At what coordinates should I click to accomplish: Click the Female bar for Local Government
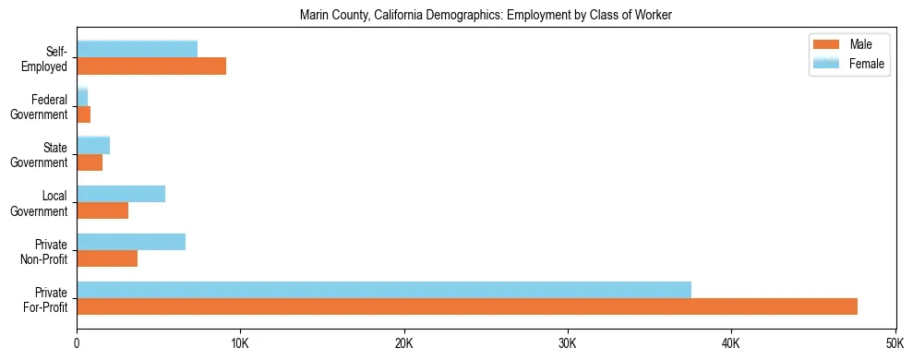[x=121, y=194]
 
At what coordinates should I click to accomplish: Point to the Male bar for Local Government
[x=102, y=210]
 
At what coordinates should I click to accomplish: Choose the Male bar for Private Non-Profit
[x=107, y=258]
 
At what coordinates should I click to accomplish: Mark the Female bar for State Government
[x=93, y=145]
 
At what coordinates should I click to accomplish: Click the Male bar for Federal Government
[x=84, y=114]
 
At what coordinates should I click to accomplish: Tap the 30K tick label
[x=568, y=342]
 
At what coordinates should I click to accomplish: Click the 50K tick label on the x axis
[x=895, y=342]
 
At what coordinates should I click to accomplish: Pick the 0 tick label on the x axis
[x=77, y=342]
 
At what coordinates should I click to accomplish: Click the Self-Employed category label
[x=45, y=58]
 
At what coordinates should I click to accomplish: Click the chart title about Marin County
[x=486, y=15]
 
